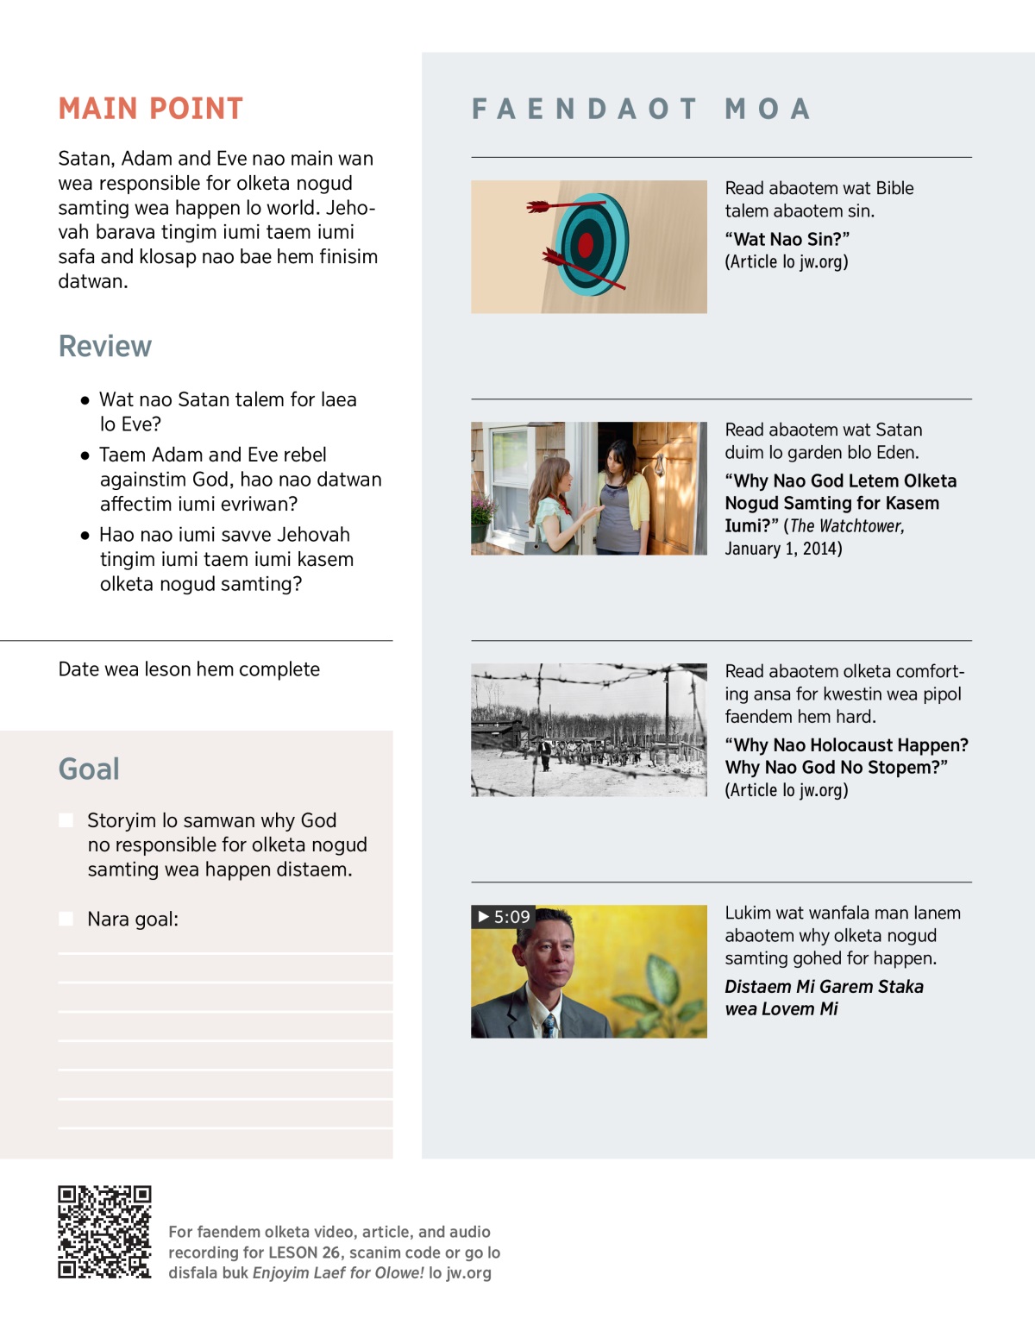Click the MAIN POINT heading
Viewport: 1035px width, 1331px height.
(151, 109)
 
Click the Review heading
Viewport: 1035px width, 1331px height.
(105, 346)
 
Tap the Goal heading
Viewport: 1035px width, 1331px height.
(89, 769)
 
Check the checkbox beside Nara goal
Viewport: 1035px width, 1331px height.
(66, 919)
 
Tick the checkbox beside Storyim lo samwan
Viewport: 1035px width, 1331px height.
(66, 820)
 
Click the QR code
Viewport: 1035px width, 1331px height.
(104, 1232)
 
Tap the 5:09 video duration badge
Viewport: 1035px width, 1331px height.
(504, 916)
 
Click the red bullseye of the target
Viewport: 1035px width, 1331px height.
(586, 246)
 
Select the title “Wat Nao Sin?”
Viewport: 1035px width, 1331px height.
(787, 239)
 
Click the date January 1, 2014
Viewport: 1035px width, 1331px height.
(783, 549)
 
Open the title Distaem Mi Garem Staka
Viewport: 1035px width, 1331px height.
(824, 987)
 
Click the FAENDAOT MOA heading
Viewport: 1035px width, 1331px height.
(642, 109)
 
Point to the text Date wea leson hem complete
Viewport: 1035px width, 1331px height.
(189, 669)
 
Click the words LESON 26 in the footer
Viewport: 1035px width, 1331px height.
(304, 1253)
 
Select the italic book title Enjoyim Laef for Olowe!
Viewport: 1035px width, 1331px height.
(338, 1273)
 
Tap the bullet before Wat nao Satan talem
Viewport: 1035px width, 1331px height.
(85, 400)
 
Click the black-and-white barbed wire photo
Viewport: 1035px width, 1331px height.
(589, 730)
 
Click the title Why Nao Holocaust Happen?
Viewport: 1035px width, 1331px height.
(846, 745)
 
